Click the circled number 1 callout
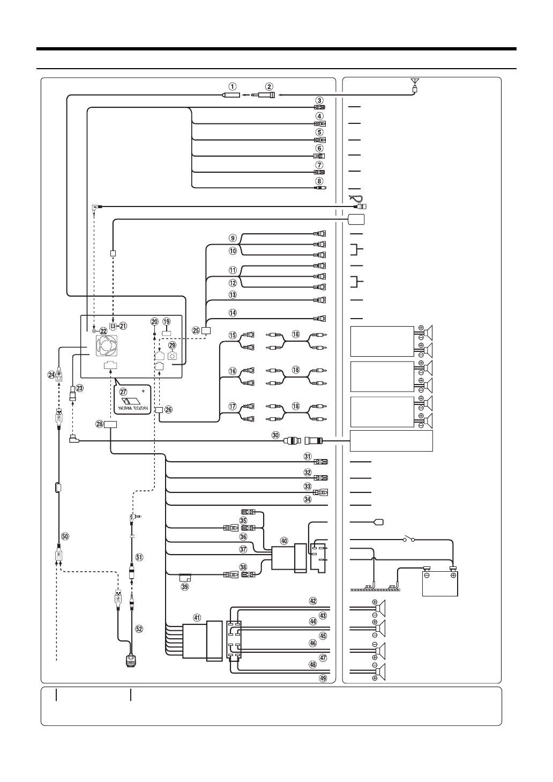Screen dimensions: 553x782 pos(231,86)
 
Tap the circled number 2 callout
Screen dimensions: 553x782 pos(269,86)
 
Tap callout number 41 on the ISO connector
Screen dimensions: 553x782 pos(197,618)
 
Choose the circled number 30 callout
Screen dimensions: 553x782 pos(276,436)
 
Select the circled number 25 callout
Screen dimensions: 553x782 pos(196,330)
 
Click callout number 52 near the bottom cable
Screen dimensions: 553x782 pos(139,629)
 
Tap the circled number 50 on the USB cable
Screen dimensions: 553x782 pos(65,536)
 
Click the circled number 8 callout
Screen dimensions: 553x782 pos(319,181)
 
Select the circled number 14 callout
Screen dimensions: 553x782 pos(232,312)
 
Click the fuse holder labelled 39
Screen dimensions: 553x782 pos(185,578)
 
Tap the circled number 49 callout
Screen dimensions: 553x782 pos(323,678)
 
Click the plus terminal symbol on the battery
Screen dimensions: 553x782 pos(453,576)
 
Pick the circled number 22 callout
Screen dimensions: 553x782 pos(103,331)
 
